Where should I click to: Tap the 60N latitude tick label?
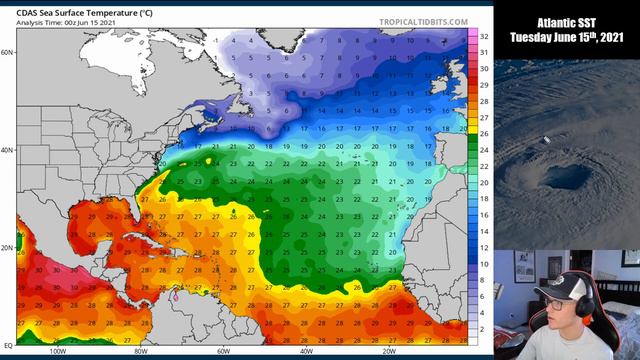[7, 51]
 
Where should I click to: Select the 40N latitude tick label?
[7, 150]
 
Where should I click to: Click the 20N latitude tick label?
[7, 248]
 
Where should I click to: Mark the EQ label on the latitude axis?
[7, 343]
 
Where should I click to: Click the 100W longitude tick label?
[57, 352]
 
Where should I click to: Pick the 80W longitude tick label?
[141, 352]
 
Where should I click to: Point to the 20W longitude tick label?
[388, 352]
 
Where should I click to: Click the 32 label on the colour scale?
[483, 36]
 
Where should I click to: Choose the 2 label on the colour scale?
[483, 329]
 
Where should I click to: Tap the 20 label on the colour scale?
[483, 183]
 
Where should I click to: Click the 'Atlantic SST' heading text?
[567, 21]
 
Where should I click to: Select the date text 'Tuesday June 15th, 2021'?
[567, 38]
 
